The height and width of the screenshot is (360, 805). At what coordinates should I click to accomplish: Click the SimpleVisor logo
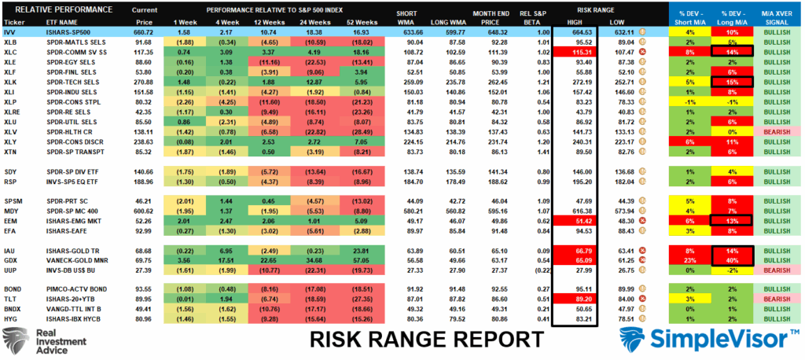(x=708, y=340)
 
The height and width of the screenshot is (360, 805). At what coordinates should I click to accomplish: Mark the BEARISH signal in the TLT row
(x=781, y=300)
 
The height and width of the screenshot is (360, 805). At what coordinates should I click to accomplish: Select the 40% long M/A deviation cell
(x=730, y=259)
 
